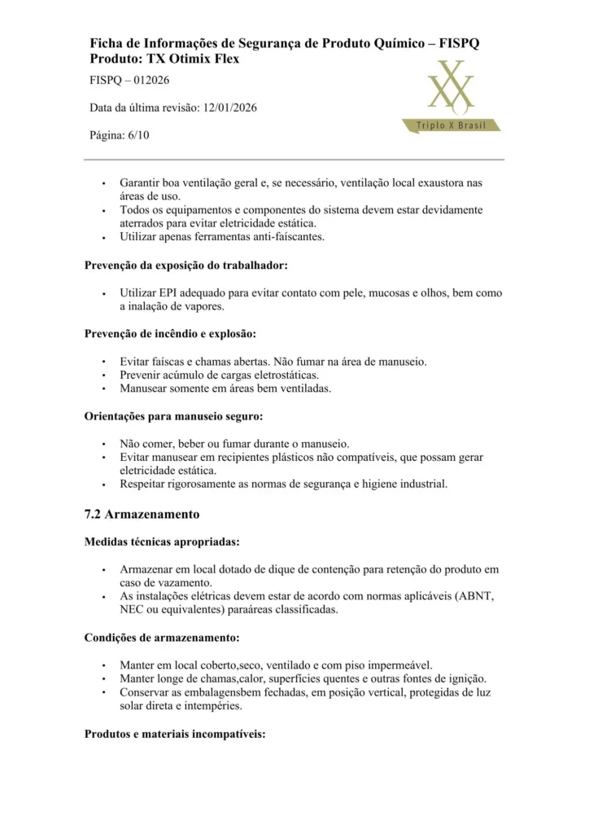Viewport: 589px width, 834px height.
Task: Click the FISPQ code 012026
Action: (x=151, y=80)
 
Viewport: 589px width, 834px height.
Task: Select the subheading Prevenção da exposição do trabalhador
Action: (x=185, y=266)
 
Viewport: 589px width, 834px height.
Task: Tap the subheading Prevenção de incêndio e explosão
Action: (x=171, y=333)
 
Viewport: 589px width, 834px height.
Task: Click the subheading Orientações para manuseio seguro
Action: (x=173, y=416)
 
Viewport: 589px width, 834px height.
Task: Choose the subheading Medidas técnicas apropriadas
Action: (x=162, y=542)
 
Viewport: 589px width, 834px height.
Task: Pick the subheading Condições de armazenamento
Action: (x=162, y=638)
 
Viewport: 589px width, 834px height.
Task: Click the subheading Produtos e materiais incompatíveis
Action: (x=175, y=734)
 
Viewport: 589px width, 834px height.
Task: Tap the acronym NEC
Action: (x=132, y=609)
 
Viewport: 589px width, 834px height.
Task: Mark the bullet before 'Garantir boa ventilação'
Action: (x=103, y=182)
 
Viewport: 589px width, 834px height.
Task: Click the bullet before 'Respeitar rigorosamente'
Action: (x=103, y=485)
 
